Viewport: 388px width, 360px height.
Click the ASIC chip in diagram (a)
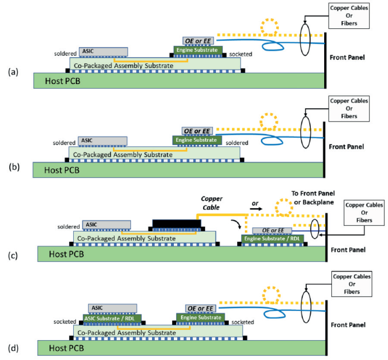[103, 52]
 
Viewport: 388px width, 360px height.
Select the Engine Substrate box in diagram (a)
[198, 50]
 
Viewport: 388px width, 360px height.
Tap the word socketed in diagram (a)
[241, 54]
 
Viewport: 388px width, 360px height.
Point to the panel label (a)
[13, 72]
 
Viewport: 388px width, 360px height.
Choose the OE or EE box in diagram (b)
[197, 131]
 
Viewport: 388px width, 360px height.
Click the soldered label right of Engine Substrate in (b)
[237, 143]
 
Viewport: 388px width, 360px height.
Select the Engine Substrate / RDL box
[272, 238]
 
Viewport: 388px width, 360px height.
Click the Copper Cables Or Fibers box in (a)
[349, 16]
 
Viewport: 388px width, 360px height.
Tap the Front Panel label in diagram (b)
[346, 147]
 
